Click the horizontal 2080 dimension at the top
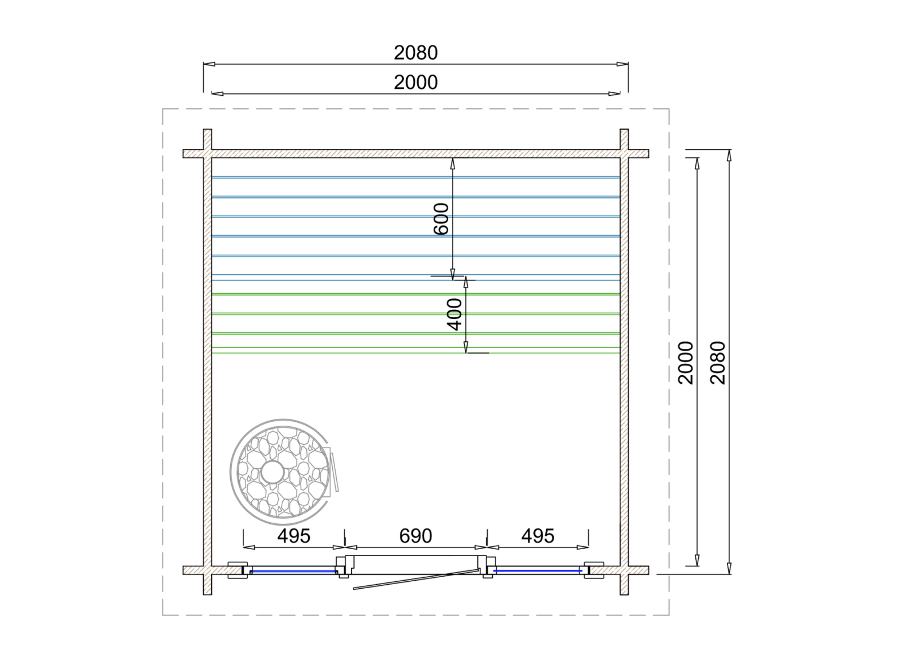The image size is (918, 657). click(x=415, y=53)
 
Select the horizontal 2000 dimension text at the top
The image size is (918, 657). click(x=415, y=83)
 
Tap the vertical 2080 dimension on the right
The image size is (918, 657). click(x=718, y=363)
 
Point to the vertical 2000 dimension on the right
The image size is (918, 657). click(x=686, y=363)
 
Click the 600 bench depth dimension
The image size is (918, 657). click(x=441, y=219)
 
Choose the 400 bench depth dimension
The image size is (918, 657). click(x=454, y=314)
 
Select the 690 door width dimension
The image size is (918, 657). click(x=415, y=536)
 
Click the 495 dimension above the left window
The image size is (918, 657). click(x=294, y=536)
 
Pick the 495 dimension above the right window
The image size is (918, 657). click(x=538, y=536)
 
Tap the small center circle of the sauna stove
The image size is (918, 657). click(x=273, y=472)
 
